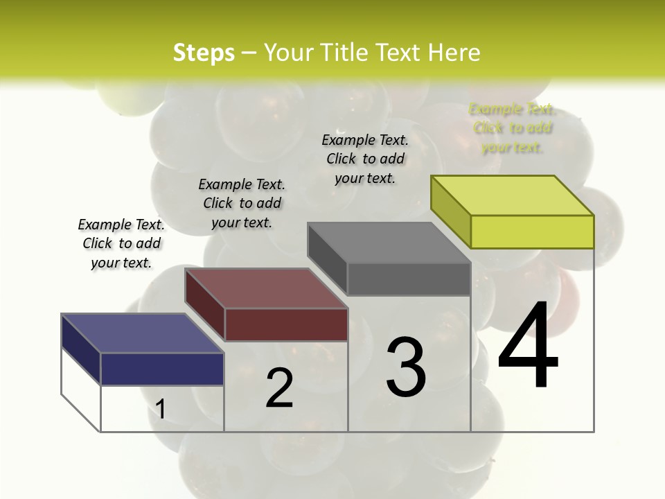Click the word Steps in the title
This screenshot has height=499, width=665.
click(204, 53)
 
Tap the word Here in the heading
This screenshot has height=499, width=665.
click(454, 53)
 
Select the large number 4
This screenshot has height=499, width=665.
click(528, 347)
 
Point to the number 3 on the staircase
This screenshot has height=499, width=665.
click(406, 367)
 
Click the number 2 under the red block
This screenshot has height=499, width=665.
click(279, 388)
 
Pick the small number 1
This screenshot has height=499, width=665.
click(161, 410)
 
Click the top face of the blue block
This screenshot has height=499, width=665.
click(142, 333)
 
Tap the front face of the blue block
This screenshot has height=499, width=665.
click(162, 369)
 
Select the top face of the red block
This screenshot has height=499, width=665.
click(266, 288)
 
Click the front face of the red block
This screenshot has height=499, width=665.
click(286, 324)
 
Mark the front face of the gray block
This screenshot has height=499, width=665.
click(409, 279)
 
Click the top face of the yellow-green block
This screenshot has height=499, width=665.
click(513, 195)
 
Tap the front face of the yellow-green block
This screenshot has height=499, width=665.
click(532, 231)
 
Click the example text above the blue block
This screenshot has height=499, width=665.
click(121, 243)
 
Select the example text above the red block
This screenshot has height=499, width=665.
click(242, 203)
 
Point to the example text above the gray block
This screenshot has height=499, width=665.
click(365, 159)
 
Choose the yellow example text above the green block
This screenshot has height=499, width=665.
click(512, 128)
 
